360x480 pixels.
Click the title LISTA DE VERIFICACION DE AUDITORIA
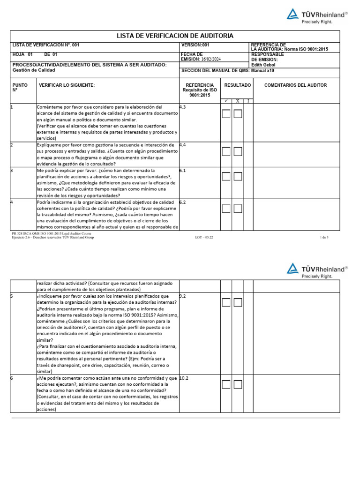point(175,36)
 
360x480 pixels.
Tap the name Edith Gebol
point(263,65)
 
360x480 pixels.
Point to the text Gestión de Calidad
point(34,70)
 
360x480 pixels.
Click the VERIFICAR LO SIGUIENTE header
point(67,85)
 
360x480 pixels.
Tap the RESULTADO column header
point(237,85)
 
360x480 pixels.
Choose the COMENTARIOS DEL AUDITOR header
point(295,85)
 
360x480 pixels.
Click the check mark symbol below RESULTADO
point(226,101)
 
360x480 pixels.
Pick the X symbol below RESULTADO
point(237,101)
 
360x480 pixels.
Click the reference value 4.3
point(183,107)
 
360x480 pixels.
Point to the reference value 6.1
point(183,171)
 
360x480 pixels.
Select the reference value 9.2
point(183,296)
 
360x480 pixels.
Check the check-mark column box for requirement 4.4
point(226,151)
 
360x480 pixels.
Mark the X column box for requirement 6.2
point(238,208)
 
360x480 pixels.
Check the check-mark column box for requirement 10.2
point(226,384)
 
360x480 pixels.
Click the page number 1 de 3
point(324,237)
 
